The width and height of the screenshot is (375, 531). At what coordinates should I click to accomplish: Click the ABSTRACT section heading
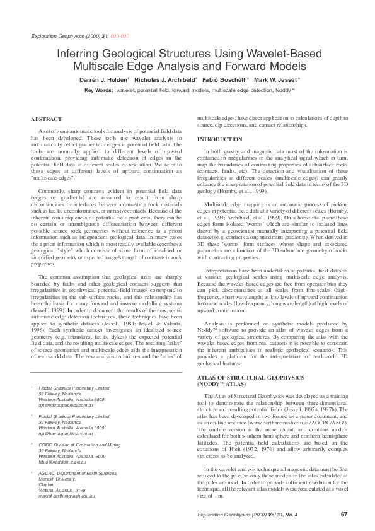[46, 119]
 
